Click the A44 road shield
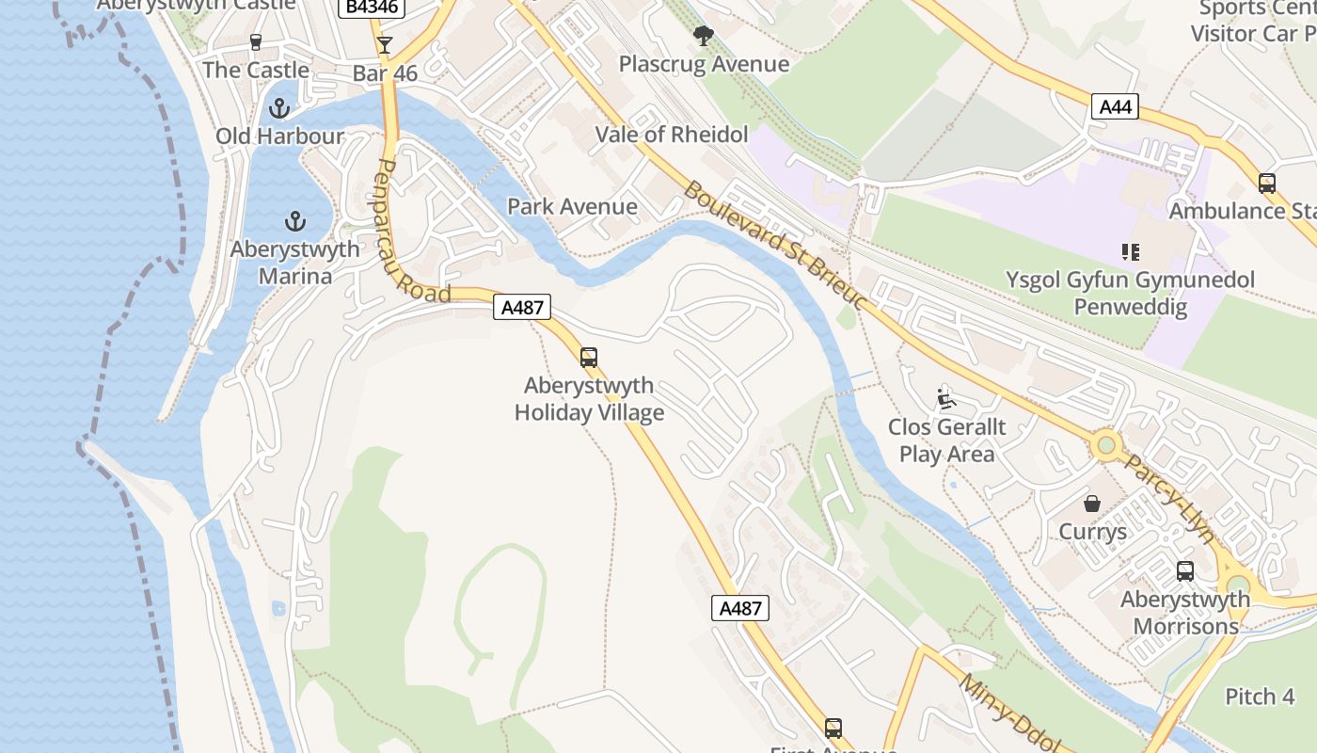tap(1116, 106)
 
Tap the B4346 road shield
tap(373, 7)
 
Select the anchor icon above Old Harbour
tap(278, 108)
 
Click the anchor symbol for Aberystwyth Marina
tap(295, 222)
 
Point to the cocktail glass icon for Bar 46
tap(384, 44)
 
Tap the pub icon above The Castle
tap(255, 41)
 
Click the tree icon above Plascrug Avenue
tap(703, 37)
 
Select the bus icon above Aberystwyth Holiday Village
tap(589, 358)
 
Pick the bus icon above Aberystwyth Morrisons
tap(1185, 571)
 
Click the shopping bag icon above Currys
tap(1092, 504)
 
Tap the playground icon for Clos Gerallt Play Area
tap(946, 399)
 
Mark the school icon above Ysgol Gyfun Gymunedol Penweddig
tap(1131, 251)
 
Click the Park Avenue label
tap(572, 206)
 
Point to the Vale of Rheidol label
tap(672, 135)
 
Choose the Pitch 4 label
tap(1260, 697)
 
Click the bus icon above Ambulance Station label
tap(1267, 184)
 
